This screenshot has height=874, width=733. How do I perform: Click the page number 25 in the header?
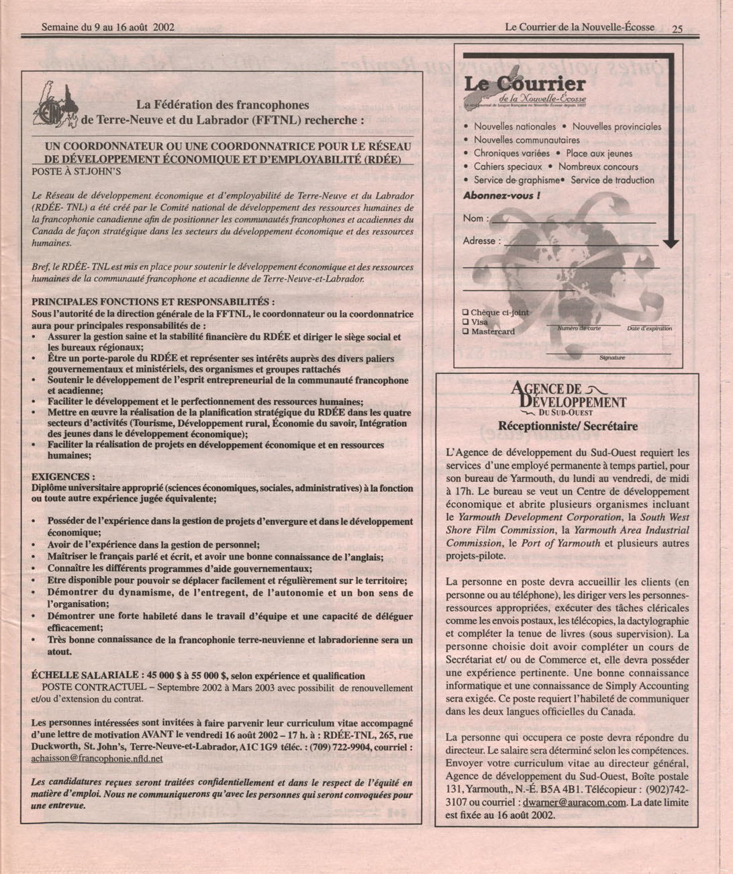click(677, 28)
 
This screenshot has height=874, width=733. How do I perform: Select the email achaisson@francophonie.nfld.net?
click(97, 759)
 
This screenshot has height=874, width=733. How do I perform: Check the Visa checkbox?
click(465, 322)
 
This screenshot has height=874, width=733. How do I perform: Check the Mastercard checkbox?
click(465, 331)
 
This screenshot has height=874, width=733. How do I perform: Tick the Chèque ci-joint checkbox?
click(465, 312)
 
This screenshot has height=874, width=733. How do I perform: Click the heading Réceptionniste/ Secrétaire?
click(568, 426)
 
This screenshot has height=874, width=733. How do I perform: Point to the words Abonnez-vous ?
click(501, 196)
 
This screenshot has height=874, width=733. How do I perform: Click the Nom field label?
click(473, 218)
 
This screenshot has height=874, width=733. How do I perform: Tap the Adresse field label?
click(480, 240)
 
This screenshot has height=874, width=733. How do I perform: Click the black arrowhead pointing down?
click(671, 244)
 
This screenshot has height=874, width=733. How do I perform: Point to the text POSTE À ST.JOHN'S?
click(76, 171)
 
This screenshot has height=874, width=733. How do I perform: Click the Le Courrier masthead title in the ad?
click(525, 85)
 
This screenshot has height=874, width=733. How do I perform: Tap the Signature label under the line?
click(612, 358)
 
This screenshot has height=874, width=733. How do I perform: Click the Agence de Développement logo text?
click(568, 398)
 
